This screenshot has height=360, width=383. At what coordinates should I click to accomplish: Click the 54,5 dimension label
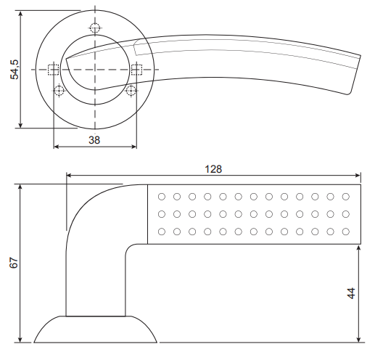[x=15, y=70]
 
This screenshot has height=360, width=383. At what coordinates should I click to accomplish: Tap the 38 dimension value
[x=94, y=140]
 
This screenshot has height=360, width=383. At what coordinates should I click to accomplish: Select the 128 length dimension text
[x=213, y=169]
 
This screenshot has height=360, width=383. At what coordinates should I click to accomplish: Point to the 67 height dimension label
[x=14, y=263]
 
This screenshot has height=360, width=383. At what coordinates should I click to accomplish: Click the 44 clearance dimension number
[x=351, y=293]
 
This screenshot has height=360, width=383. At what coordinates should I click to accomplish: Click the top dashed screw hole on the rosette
[x=95, y=28]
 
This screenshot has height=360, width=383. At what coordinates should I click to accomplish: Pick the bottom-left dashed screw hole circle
[x=59, y=91]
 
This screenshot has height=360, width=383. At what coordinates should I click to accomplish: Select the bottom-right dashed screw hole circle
[x=131, y=91]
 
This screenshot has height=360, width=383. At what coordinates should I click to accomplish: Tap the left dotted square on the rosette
[x=53, y=70]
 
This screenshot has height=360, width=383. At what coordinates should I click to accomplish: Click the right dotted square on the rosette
[x=136, y=70]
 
